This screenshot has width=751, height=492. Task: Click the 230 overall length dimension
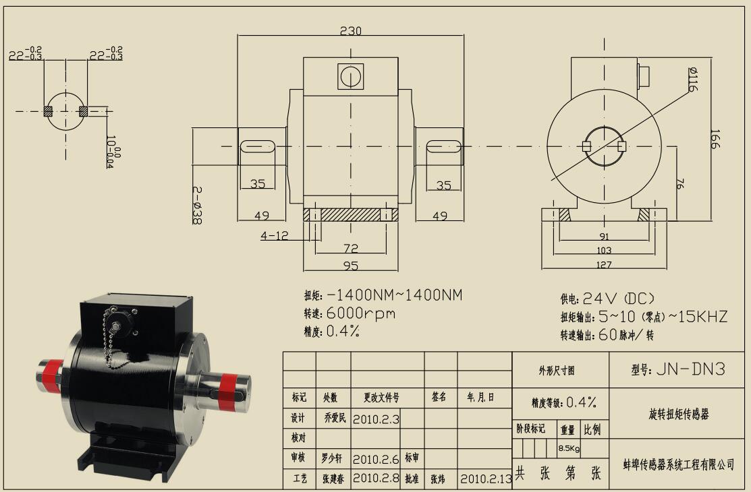pyautogui.click(x=351, y=31)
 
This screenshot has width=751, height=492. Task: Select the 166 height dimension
pyautogui.click(x=715, y=140)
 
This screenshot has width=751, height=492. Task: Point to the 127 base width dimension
pyautogui.click(x=605, y=265)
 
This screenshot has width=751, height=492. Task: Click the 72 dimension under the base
pyautogui.click(x=351, y=249)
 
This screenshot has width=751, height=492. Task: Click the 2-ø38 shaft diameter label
pyautogui.click(x=196, y=205)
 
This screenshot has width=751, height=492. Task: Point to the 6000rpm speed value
pyautogui.click(x=361, y=313)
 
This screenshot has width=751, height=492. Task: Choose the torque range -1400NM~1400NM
pyautogui.click(x=395, y=295)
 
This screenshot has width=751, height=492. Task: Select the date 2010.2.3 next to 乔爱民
pyautogui.click(x=377, y=419)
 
